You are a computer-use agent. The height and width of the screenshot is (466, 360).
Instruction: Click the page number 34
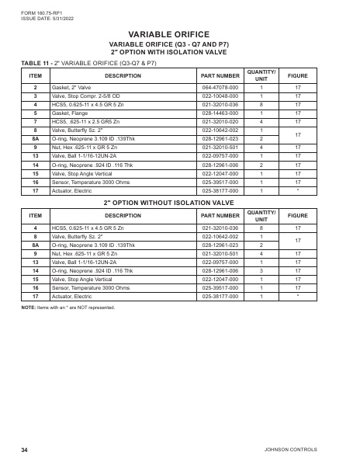click(25, 450)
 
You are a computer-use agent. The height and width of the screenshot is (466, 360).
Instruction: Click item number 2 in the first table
click(35, 89)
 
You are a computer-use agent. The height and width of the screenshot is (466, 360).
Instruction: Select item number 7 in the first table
click(35, 121)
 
